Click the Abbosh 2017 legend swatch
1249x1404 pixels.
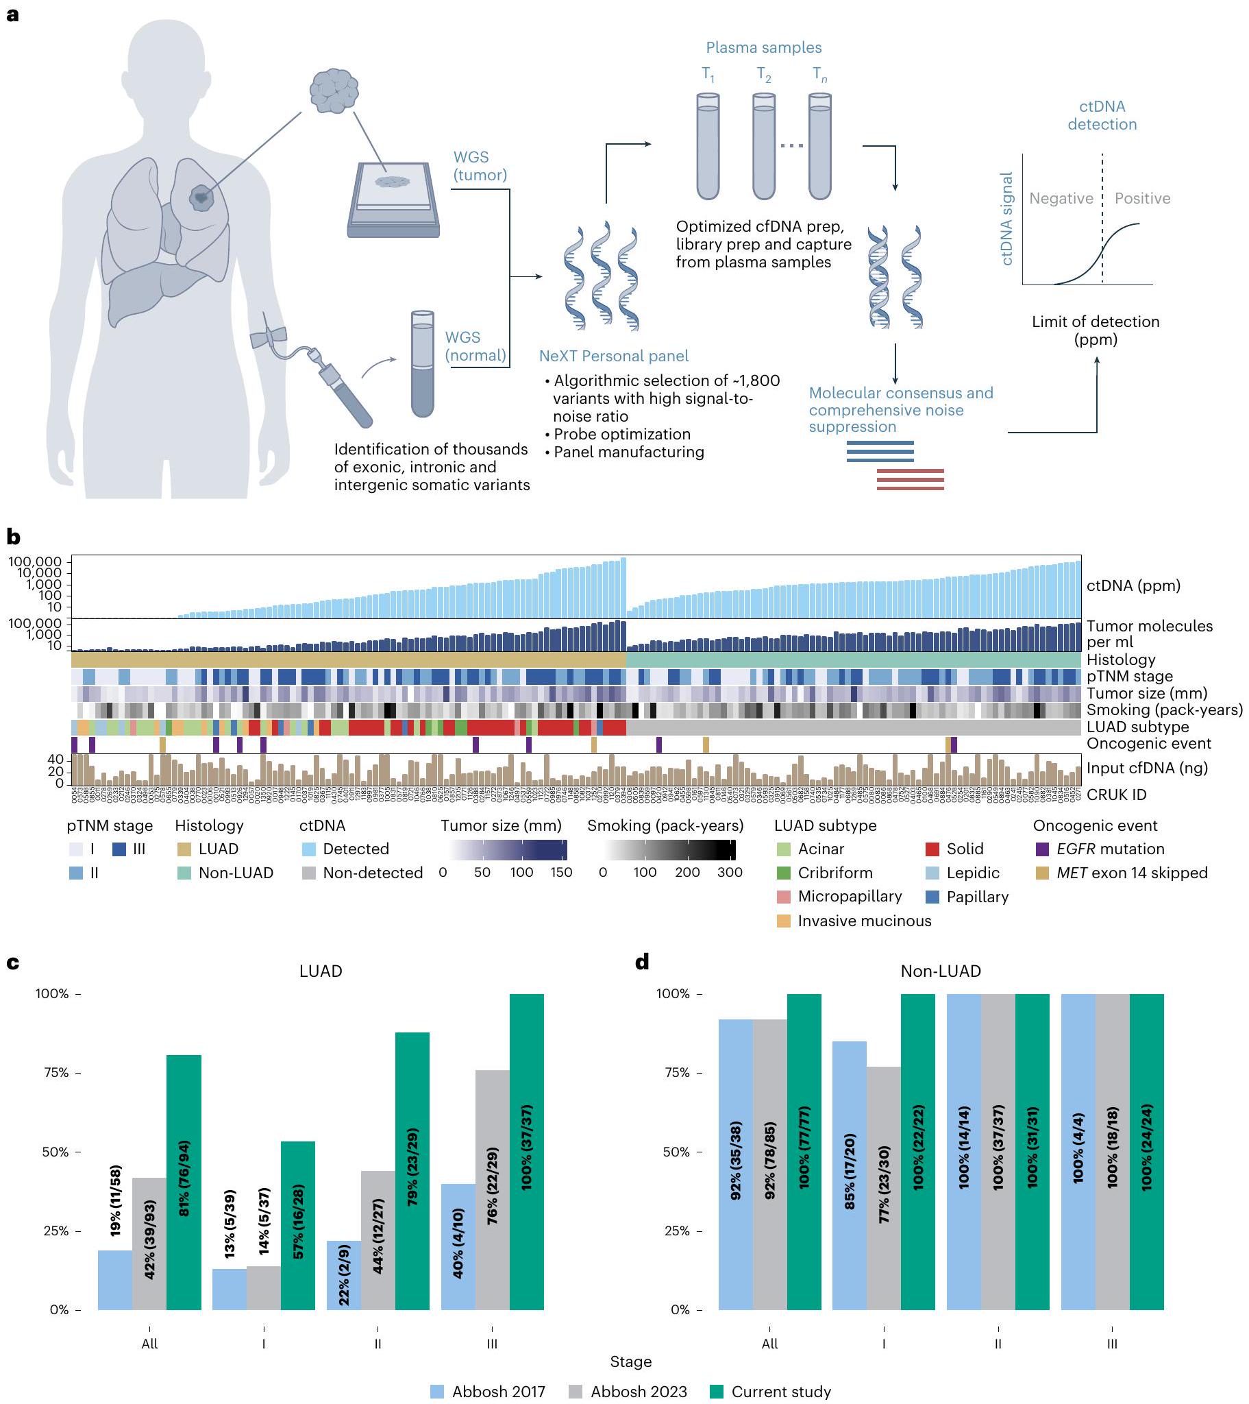click(x=437, y=1392)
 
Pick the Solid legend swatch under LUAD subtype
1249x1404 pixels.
click(x=932, y=849)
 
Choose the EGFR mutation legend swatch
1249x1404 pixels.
click(x=1041, y=849)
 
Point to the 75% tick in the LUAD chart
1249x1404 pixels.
click(x=77, y=1073)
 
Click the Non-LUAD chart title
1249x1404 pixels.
click(x=940, y=971)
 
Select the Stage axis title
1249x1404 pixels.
click(x=630, y=1361)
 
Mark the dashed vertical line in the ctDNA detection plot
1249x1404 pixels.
click(x=1102, y=220)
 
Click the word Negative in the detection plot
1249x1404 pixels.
click(x=1061, y=199)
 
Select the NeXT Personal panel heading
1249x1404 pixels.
click(x=613, y=356)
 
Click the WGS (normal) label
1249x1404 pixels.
click(x=475, y=346)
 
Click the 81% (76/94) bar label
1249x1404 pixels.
click(x=184, y=1178)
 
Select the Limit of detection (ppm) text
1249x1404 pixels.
click(x=1096, y=330)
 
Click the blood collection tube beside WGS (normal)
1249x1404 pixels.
click(x=422, y=363)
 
